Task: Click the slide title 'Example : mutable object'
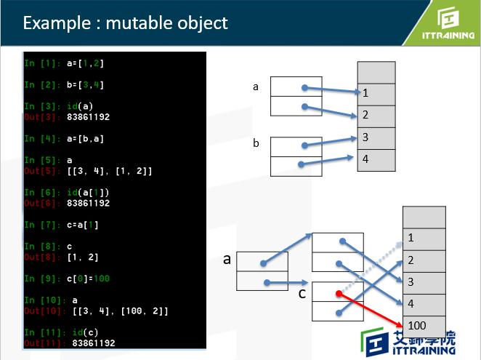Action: pos(125,23)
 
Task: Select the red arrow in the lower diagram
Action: pos(371,309)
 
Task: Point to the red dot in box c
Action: pos(339,294)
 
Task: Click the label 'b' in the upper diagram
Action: pos(256,143)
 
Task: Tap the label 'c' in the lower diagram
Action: pos(302,294)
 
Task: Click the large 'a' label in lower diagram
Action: pos(227,259)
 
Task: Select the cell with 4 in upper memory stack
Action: pos(376,160)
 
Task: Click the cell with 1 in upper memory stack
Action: pos(376,94)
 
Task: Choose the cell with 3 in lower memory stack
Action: pos(424,281)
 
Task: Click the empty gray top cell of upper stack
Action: pos(376,72)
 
